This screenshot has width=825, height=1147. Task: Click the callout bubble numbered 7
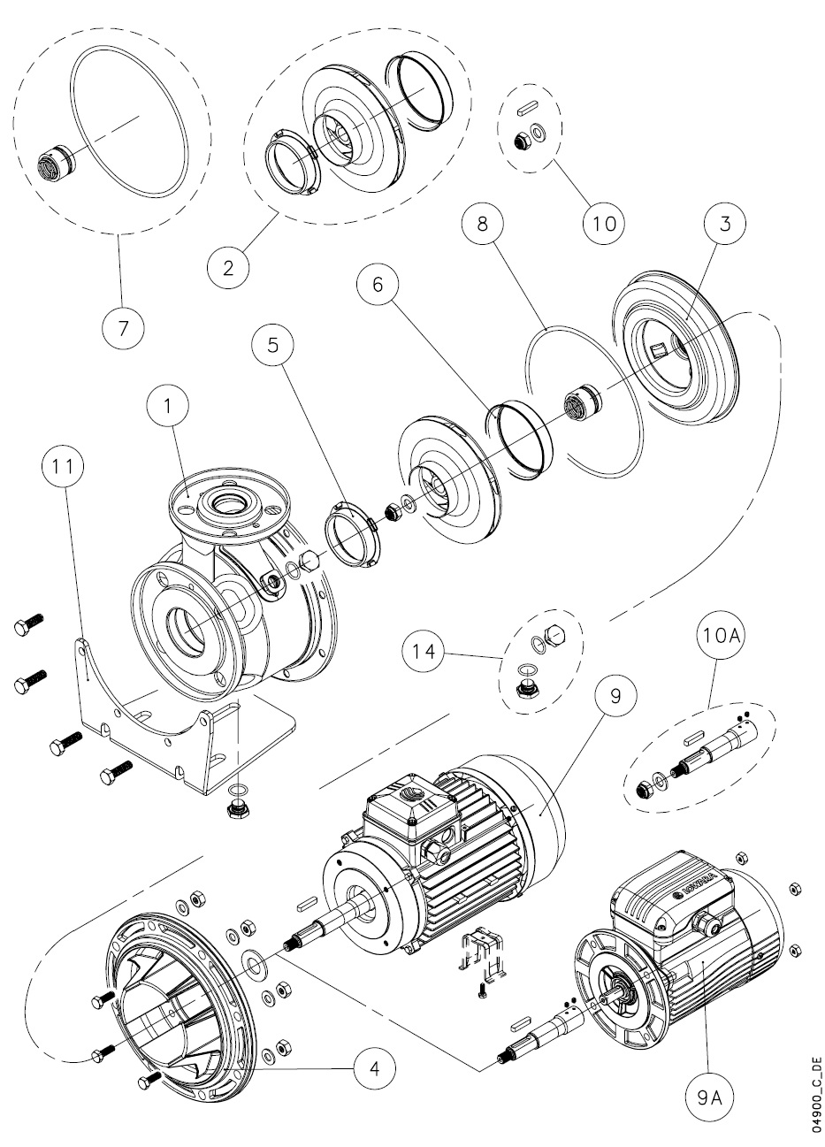tap(123, 327)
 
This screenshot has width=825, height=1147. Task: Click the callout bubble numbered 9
tap(615, 696)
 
